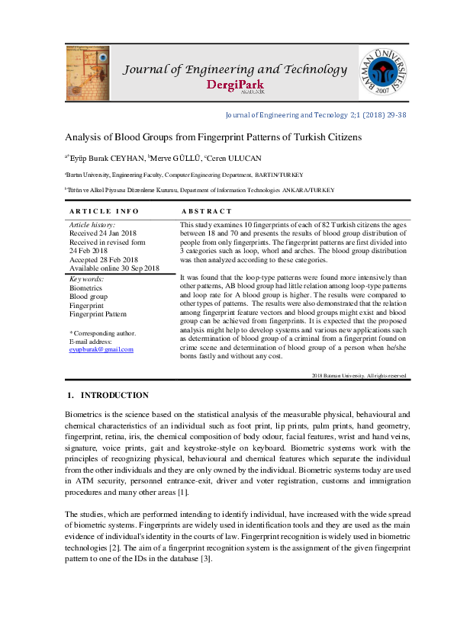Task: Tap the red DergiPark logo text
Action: click(236, 86)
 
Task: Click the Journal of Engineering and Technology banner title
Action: click(236, 69)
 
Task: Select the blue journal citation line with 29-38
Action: click(316, 115)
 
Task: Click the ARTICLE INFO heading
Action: click(104, 210)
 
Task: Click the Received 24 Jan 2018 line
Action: click(102, 233)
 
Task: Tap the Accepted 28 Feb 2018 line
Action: click(103, 259)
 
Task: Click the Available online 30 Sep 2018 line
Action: click(114, 268)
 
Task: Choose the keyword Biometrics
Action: click(85, 289)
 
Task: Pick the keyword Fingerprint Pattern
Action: click(99, 313)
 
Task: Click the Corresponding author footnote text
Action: click(103, 333)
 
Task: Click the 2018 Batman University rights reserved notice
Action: click(359, 376)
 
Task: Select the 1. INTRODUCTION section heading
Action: click(107, 395)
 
